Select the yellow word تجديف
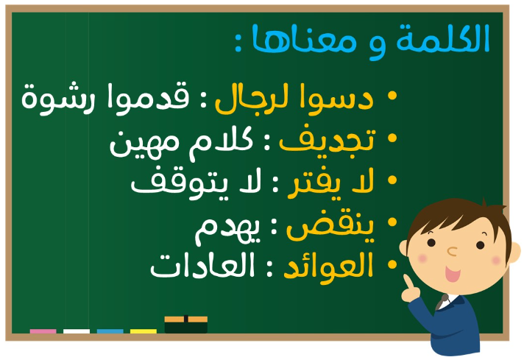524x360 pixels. coord(327,141)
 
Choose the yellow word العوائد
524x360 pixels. coord(328,266)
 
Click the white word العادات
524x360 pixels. coord(202,266)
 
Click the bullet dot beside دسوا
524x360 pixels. coord(392,96)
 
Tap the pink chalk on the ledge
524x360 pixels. coord(43,331)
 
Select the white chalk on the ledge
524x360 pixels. coord(77,331)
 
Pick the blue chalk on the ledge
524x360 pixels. coord(110,331)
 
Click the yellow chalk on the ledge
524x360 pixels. coord(144,331)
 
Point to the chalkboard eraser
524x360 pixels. coord(185,324)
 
